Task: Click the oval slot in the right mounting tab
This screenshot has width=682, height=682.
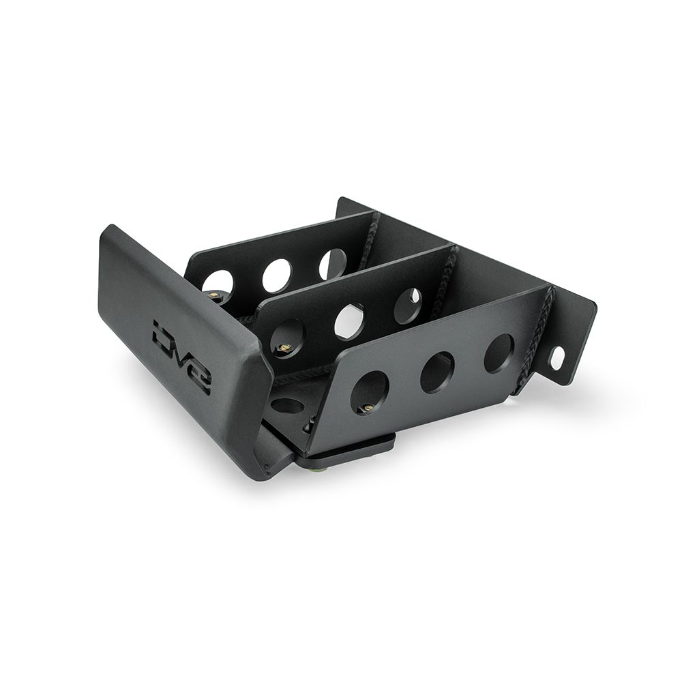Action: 557,359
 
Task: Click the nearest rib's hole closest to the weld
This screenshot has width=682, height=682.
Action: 499,353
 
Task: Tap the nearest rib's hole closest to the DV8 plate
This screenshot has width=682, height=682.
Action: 369,393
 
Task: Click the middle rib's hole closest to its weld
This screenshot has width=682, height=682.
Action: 407,306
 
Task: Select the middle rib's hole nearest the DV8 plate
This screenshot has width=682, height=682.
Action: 287,339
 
